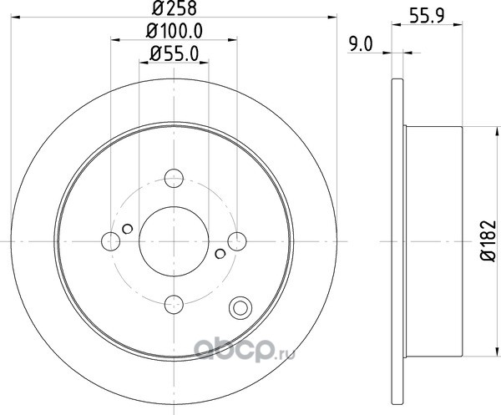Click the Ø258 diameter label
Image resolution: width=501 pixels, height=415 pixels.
175,8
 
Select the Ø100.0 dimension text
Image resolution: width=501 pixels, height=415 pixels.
175,31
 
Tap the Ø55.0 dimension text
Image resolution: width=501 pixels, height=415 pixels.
175,53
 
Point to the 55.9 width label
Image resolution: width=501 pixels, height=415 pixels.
427,16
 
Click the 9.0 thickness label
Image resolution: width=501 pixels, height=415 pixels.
361,44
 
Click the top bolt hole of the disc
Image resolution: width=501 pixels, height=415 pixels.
174,178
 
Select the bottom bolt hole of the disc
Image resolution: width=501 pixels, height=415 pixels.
174,304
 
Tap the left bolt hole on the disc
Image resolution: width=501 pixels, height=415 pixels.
110,241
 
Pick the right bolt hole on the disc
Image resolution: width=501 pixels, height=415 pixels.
237,241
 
